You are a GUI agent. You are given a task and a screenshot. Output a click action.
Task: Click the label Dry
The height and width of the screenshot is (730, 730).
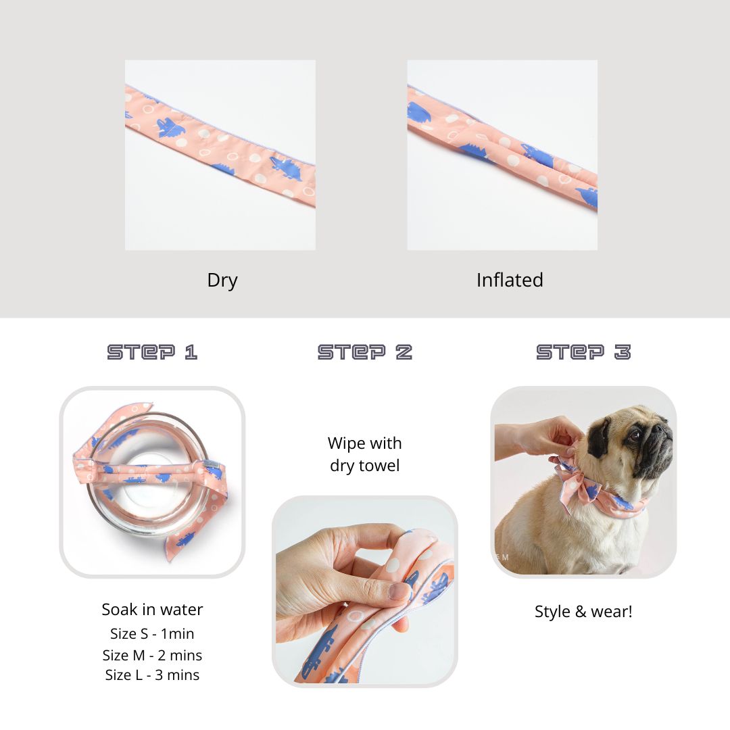point(222,281)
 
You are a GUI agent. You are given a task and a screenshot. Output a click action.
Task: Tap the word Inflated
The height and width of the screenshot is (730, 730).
point(510,280)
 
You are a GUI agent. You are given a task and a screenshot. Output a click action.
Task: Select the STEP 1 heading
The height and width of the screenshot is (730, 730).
point(152,352)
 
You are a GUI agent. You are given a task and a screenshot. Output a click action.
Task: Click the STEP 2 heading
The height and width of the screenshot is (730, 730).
point(364,352)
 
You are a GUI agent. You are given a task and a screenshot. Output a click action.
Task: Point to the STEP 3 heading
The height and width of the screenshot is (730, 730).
point(583,352)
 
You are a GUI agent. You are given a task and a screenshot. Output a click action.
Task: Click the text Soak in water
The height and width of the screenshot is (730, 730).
point(152,610)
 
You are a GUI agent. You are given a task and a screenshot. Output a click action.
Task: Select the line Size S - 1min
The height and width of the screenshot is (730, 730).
point(152,633)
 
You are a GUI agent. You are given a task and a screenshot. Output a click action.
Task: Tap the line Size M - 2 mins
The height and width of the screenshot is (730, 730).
point(152,655)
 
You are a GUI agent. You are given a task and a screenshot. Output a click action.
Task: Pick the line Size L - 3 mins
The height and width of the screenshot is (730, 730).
point(152,675)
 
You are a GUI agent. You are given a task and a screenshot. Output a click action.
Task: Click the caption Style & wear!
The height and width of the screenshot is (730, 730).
point(583,611)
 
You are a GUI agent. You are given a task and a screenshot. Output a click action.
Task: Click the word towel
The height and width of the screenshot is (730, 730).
point(381,466)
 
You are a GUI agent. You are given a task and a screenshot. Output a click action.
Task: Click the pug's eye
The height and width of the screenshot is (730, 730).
point(635,436)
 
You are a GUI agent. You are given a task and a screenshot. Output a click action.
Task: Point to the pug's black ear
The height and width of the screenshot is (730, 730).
point(598,437)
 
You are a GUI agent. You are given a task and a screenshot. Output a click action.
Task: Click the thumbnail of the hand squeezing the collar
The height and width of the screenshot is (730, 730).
point(364,591)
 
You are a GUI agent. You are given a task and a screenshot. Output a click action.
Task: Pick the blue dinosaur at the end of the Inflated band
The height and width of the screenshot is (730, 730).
point(587,197)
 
